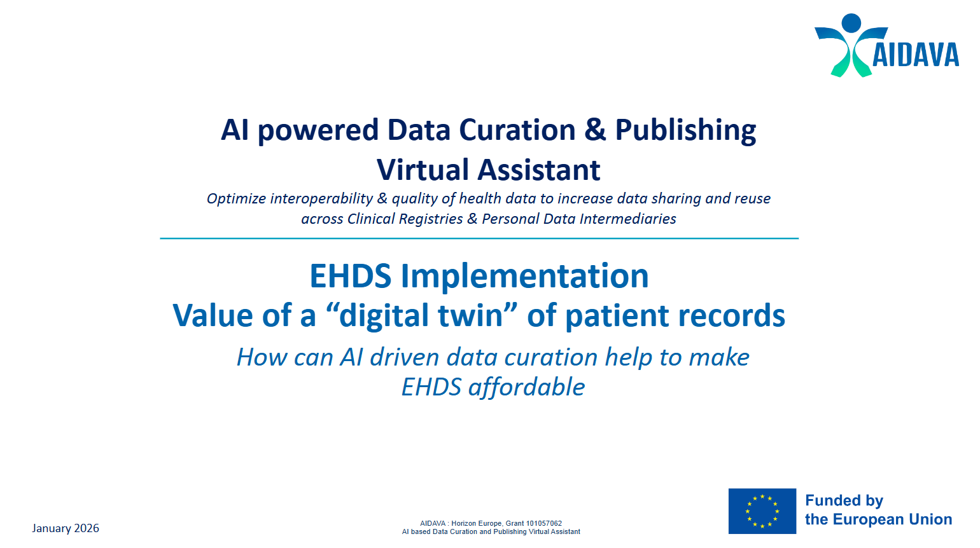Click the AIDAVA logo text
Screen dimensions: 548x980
point(915,55)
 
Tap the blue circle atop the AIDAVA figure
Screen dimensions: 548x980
point(851,23)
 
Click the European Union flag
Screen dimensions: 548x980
point(762,511)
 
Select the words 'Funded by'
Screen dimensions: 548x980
point(844,501)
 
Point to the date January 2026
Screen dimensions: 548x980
point(66,528)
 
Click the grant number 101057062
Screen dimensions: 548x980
point(543,524)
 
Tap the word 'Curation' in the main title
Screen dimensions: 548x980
point(517,130)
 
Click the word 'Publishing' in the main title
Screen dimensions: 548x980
point(685,130)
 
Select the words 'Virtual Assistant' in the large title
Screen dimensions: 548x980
point(488,170)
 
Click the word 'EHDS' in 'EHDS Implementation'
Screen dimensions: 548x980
point(350,277)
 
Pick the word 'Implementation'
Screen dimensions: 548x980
point(524,277)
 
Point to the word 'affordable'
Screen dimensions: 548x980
point(526,387)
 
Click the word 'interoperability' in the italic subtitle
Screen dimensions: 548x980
point(321,198)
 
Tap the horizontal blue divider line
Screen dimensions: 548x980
point(479,238)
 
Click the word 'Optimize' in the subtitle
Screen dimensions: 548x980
point(236,198)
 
